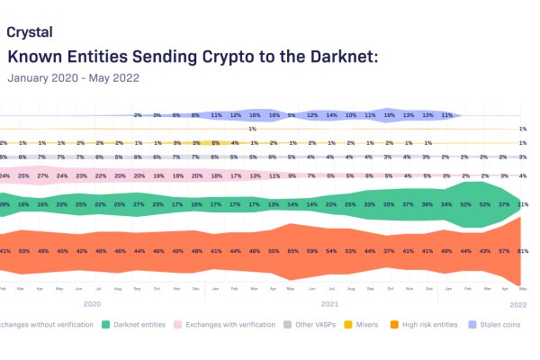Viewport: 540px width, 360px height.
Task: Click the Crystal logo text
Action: (x=29, y=31)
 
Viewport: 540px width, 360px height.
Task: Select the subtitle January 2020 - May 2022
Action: (x=73, y=77)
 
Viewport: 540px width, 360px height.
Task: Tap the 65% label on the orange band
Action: (x=293, y=250)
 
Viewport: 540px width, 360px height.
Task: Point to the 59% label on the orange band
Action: (x=312, y=250)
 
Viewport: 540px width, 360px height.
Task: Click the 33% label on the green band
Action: (x=370, y=204)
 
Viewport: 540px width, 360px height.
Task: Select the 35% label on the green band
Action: (x=390, y=204)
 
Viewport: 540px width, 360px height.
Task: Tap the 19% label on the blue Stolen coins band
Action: (x=390, y=115)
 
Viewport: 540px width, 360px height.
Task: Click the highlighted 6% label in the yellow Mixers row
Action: (x=216, y=143)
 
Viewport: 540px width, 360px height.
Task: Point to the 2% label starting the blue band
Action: (x=138, y=115)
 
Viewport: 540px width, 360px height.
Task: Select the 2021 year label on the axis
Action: (x=329, y=304)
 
